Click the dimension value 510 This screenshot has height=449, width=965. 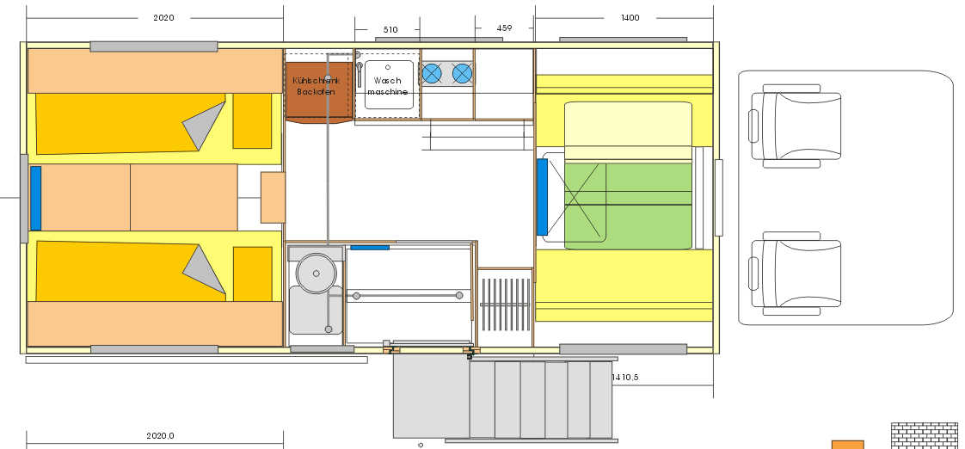coord(390,29)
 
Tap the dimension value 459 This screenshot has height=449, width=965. coord(504,28)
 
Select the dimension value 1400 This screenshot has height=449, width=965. coord(630,18)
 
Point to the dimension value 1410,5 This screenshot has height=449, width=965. coord(625,378)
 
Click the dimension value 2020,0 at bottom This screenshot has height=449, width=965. coord(160,435)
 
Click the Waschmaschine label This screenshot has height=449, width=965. coord(388,86)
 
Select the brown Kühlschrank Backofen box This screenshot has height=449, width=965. coord(318,90)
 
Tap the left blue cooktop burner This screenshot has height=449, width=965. coord(432,74)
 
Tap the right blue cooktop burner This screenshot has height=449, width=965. coord(462,74)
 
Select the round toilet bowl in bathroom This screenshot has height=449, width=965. coord(317,273)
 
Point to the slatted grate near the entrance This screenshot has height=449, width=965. coord(505,304)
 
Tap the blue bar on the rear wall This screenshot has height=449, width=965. coord(36,199)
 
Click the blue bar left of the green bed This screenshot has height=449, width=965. coord(542,197)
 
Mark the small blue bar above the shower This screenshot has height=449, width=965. coord(370,248)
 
